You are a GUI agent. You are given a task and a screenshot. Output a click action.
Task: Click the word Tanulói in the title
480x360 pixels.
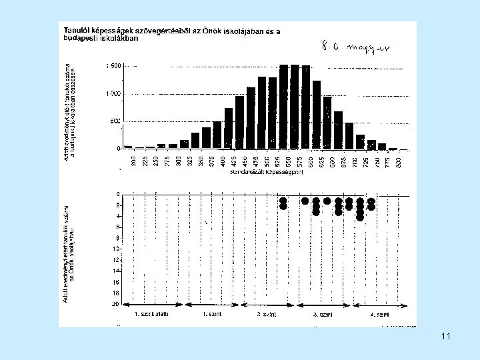(78, 30)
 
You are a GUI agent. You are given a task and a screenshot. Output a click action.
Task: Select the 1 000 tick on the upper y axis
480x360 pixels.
(113, 94)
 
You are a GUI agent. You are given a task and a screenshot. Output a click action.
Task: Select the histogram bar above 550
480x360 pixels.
(295, 106)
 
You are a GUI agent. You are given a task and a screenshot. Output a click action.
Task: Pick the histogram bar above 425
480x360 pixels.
(229, 127)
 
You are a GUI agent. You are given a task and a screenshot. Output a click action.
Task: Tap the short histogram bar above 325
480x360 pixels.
(195, 140)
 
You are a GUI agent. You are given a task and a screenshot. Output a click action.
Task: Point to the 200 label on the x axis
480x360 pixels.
(134, 160)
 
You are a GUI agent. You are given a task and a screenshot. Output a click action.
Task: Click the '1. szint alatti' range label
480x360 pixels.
(152, 313)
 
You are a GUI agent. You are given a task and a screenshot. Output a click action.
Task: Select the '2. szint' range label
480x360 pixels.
(267, 313)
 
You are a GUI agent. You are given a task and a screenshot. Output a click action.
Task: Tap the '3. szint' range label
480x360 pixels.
(323, 313)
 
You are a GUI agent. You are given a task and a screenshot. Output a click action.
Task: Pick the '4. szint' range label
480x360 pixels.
(380, 313)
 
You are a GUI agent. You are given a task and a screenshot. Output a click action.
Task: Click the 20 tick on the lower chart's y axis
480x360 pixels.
(116, 303)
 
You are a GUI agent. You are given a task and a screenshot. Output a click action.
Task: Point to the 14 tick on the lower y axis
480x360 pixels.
(116, 271)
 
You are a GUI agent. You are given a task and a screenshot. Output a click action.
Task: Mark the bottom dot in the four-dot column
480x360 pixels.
(360, 217)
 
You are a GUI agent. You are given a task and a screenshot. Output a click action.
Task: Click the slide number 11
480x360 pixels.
(445, 337)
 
